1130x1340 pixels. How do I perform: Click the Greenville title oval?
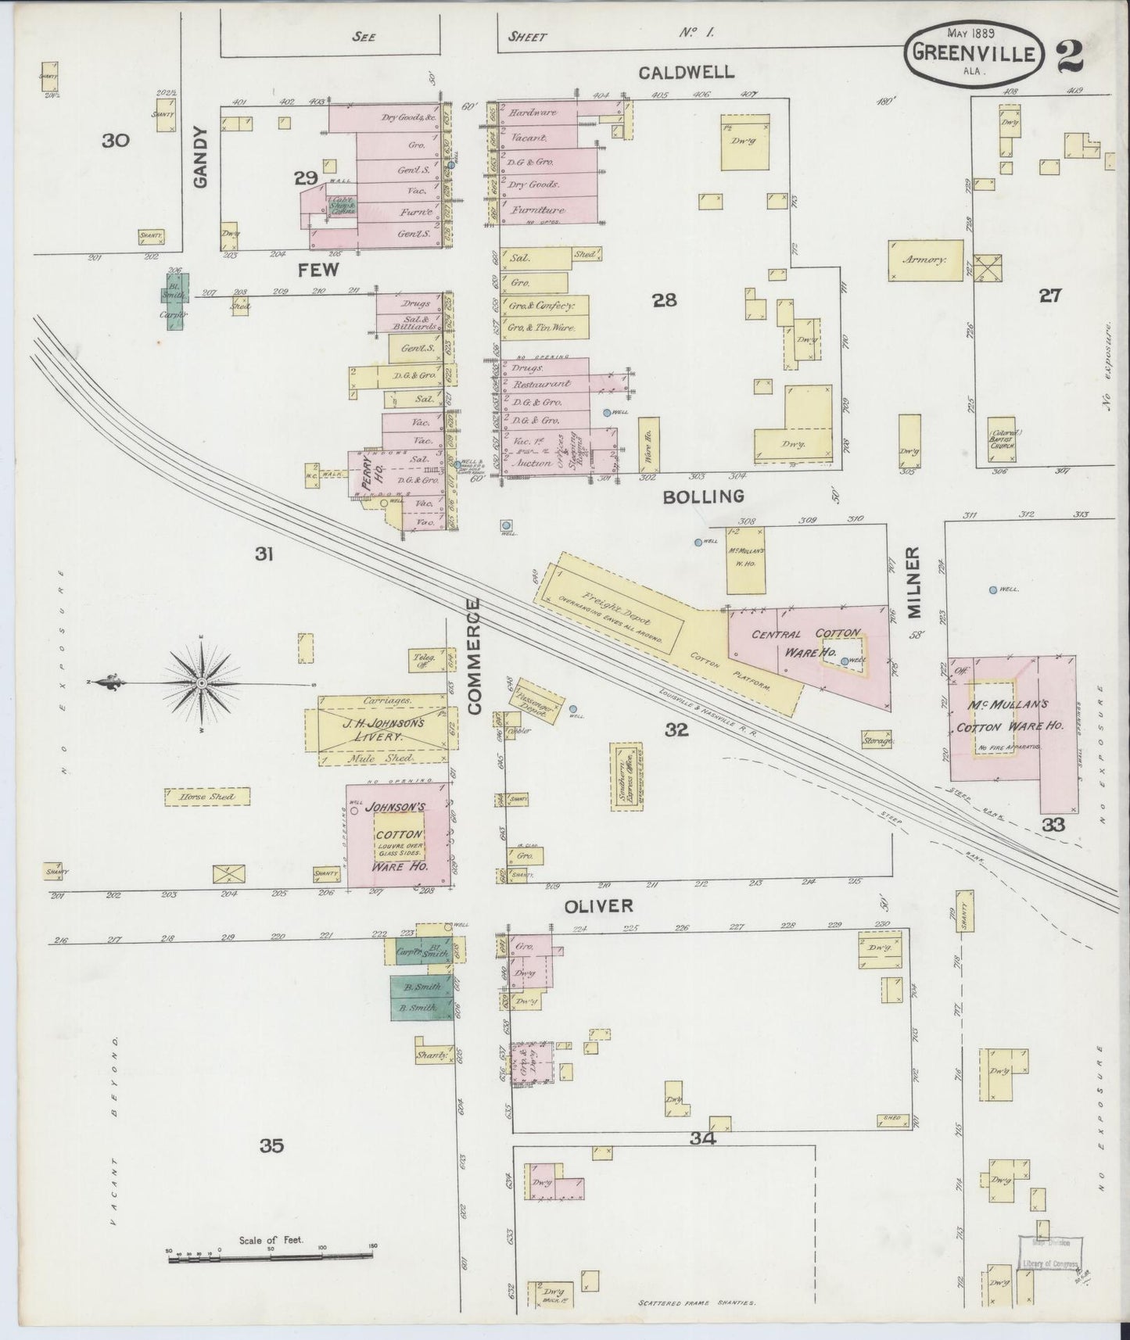(974, 53)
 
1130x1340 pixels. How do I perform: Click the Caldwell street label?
(686, 73)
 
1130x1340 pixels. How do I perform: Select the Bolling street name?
(703, 496)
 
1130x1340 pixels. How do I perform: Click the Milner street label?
(915, 582)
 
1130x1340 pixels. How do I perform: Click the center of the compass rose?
(202, 683)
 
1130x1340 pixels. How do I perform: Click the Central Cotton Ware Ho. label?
(806, 643)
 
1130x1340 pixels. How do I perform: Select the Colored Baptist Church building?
(1003, 441)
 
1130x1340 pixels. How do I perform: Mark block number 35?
(271, 1146)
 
